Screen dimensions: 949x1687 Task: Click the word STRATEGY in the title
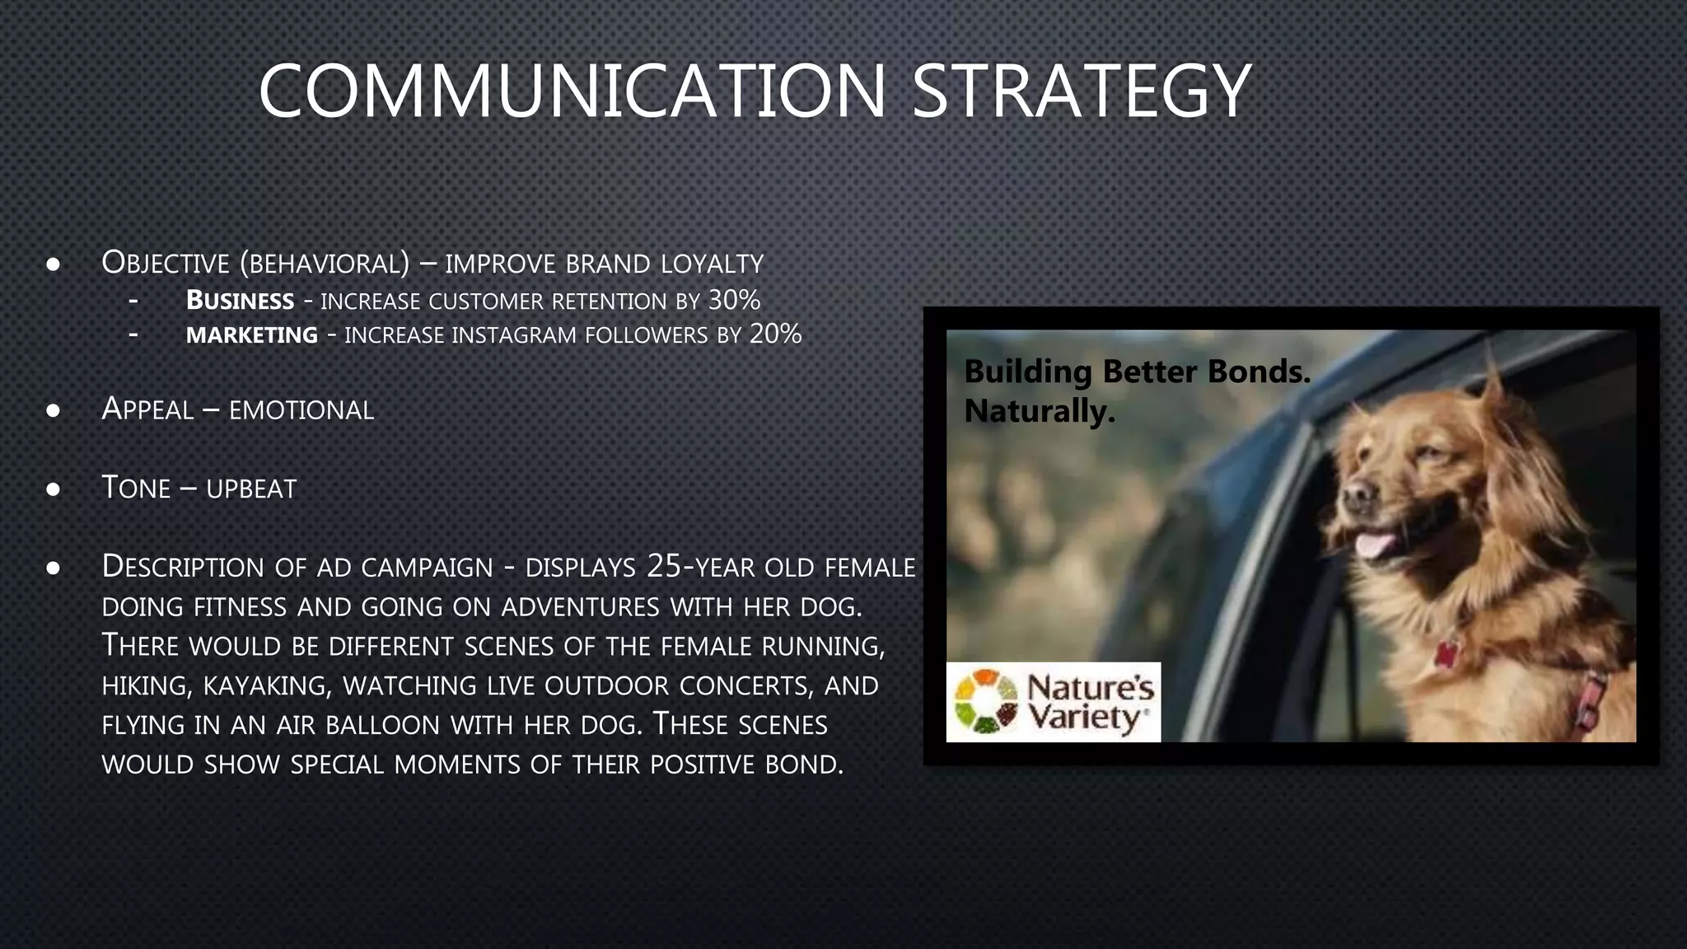coord(1082,91)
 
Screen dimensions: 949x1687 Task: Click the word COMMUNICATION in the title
coord(572,91)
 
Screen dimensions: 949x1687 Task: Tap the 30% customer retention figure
coord(734,300)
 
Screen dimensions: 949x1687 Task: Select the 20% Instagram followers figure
coord(775,334)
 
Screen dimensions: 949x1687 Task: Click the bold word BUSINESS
coord(240,301)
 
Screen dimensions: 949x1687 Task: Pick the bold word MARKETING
coord(251,335)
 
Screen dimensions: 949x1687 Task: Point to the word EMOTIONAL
coord(301,410)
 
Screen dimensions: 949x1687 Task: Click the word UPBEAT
coord(251,489)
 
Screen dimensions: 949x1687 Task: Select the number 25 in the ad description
coord(665,566)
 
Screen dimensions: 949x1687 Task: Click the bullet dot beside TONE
coord(54,489)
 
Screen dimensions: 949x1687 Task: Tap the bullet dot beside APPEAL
coord(54,410)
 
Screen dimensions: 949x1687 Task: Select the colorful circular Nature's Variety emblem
coord(985,702)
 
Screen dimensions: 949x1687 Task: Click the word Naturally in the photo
coord(1040,411)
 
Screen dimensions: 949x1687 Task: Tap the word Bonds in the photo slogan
coord(1259,372)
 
